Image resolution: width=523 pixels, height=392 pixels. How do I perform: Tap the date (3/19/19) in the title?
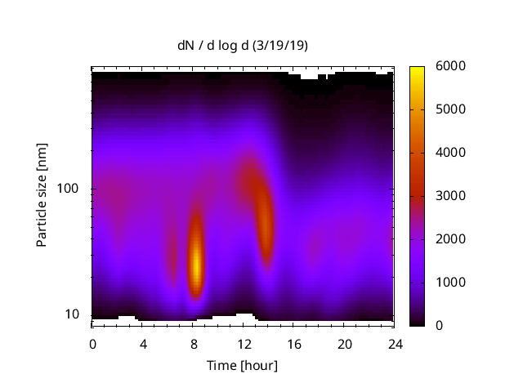click(x=280, y=46)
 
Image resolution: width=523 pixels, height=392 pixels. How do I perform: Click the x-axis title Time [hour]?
click(x=242, y=365)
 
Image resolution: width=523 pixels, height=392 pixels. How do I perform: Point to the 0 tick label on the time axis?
click(x=92, y=343)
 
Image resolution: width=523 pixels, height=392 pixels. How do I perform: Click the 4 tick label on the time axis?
click(x=143, y=343)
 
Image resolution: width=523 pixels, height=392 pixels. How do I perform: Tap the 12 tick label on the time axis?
click(x=244, y=343)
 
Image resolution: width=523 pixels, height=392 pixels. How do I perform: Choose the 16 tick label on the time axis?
click(x=294, y=343)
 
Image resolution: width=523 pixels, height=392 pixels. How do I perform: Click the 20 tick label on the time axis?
click(x=344, y=343)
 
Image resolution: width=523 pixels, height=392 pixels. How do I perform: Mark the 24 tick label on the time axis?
click(x=395, y=343)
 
